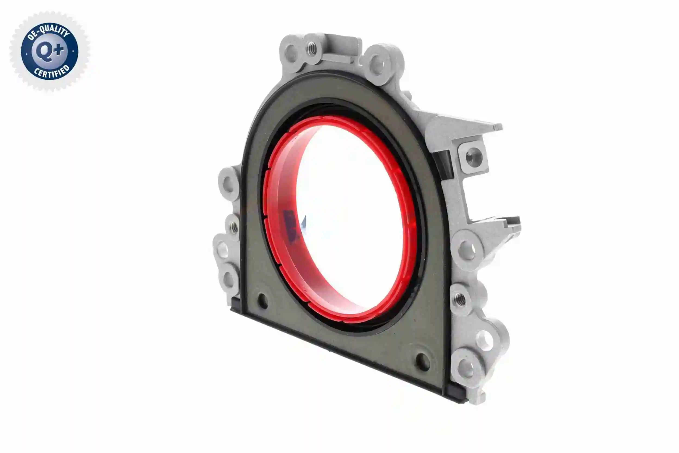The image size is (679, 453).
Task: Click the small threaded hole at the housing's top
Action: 312,48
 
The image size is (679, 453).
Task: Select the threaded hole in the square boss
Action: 473,157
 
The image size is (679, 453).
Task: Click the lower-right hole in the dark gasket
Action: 422,362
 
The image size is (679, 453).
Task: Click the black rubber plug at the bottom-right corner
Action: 454,394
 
